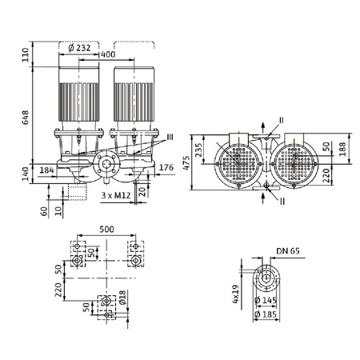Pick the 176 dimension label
pos(167,166)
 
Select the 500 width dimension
pos(106,229)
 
